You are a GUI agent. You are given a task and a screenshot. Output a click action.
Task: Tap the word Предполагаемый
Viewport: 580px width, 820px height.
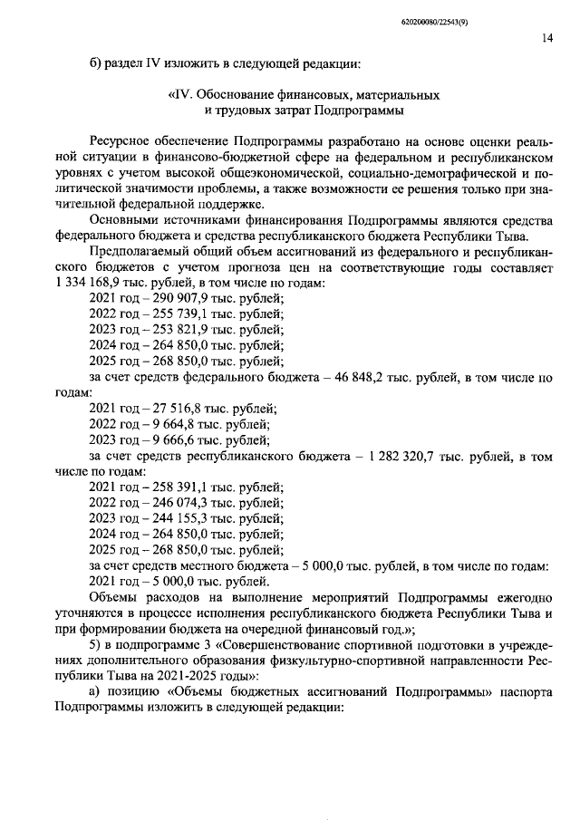139,248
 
